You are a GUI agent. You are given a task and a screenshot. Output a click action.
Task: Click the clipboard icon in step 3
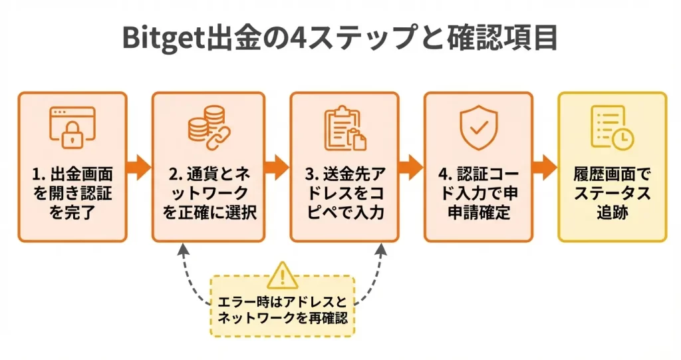344,127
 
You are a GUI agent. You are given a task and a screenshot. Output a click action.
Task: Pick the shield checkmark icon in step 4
478,126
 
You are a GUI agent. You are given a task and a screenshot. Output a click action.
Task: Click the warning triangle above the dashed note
283,274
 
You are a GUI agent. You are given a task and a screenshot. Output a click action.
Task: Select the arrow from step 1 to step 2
139,166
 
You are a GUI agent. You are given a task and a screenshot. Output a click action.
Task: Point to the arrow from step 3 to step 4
411,166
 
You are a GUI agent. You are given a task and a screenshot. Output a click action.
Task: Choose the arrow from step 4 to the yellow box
545,166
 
